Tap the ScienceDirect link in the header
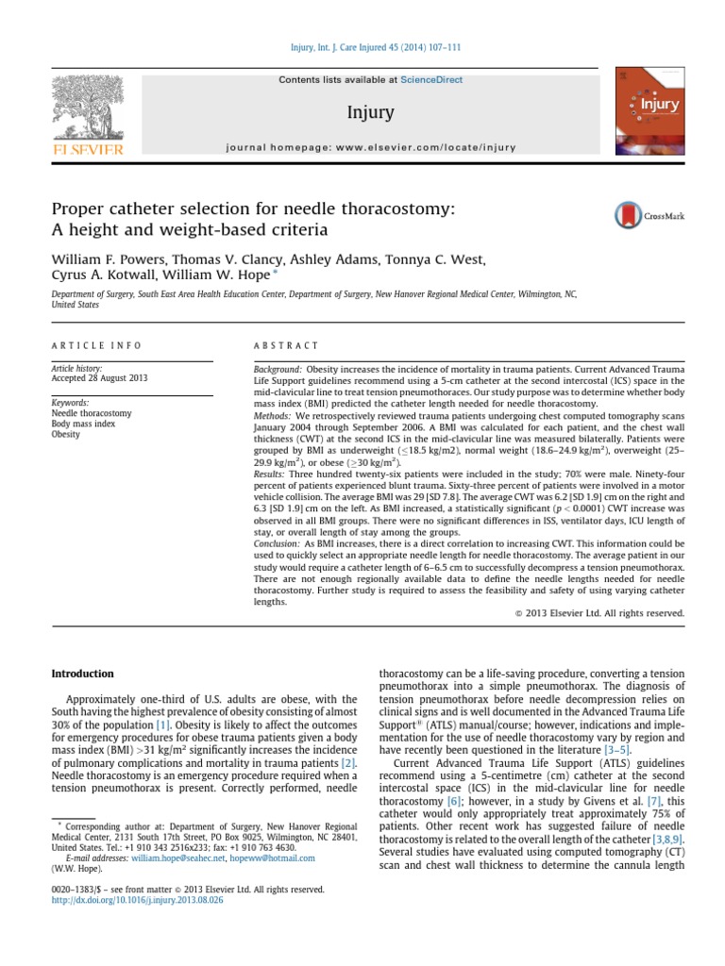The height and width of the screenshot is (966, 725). (431, 80)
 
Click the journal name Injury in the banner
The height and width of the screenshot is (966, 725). (370, 114)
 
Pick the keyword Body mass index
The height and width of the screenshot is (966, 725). (83, 425)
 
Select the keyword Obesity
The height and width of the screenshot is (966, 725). (66, 435)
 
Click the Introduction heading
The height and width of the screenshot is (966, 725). (81, 674)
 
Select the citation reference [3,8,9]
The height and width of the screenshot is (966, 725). (666, 838)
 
